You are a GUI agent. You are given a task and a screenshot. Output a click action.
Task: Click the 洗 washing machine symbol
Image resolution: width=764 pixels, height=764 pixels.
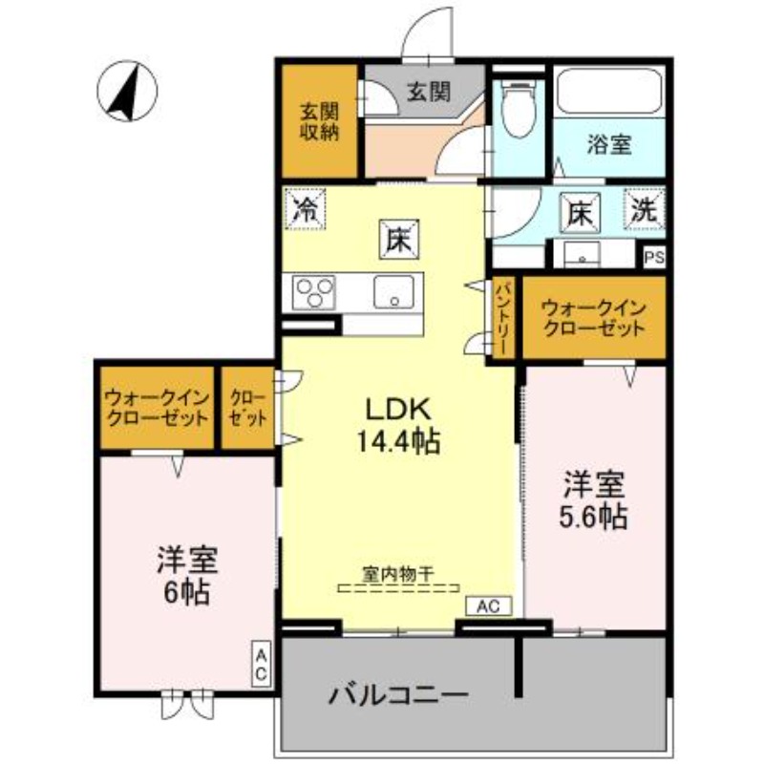[x=647, y=210]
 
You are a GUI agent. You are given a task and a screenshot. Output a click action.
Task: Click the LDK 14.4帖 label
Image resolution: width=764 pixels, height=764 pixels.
[x=399, y=424]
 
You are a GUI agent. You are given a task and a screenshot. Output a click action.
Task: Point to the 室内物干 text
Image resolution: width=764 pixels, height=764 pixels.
[x=398, y=575]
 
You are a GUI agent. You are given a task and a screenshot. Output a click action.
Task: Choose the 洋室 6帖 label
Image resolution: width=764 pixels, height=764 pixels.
[x=186, y=575]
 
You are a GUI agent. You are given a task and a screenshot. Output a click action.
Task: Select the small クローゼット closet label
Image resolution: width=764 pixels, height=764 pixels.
[x=248, y=407]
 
